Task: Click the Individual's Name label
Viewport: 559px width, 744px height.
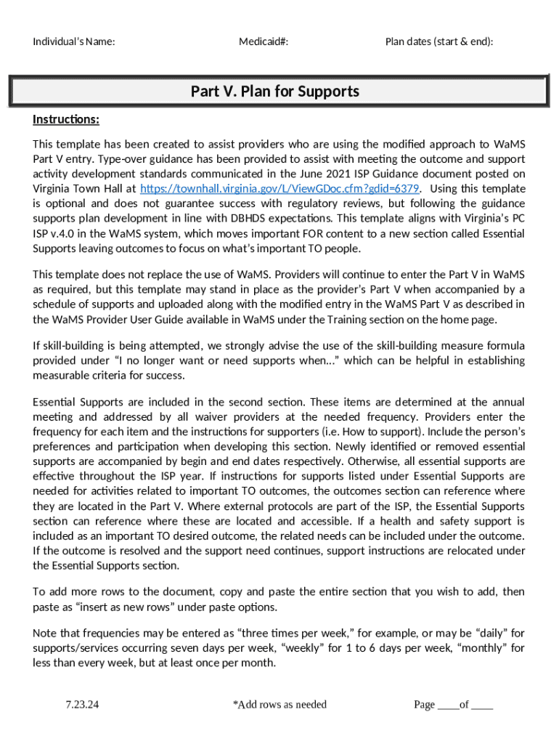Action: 74,41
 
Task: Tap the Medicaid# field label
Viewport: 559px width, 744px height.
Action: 264,41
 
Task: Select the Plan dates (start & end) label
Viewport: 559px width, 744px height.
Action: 439,41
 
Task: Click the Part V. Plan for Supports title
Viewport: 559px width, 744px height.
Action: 275,92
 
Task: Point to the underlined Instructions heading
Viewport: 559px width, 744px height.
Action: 66,119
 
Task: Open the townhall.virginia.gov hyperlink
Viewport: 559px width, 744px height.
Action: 279,189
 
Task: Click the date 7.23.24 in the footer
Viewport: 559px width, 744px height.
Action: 82,704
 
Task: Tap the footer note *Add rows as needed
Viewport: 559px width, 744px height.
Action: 279,704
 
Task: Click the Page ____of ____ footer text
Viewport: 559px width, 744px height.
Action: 453,704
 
